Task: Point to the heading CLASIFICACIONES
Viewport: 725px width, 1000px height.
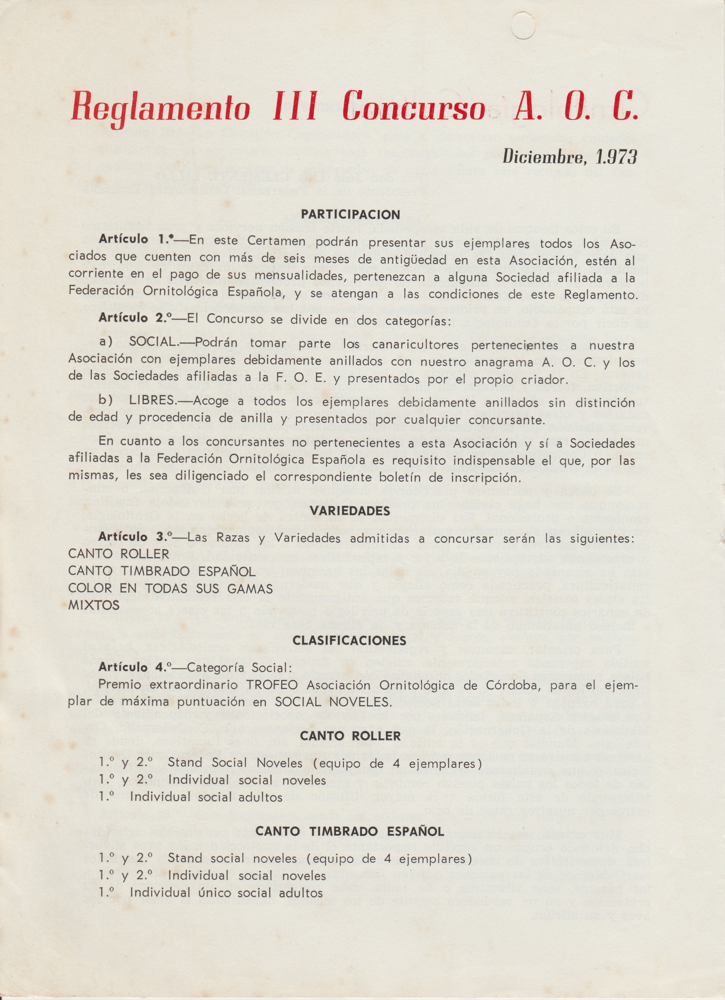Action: click(x=350, y=640)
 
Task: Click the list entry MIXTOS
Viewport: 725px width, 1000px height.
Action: click(x=93, y=605)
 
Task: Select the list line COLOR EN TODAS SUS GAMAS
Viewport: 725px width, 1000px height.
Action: click(x=170, y=588)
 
